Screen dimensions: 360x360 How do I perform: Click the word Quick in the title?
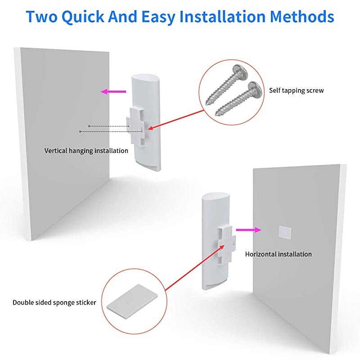83,17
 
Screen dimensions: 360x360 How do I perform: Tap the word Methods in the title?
301,17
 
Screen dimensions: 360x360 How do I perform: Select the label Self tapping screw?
297,90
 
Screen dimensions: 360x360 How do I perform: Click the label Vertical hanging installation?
86,151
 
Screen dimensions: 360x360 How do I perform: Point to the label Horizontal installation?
279,254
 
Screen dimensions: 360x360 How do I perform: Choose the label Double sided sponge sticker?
54,302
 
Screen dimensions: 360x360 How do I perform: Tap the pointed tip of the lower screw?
216,114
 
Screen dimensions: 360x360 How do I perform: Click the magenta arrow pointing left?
113,92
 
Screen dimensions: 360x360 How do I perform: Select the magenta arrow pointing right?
249,230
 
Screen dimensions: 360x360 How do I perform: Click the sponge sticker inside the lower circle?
132,301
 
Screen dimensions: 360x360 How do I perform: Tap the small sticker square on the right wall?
285,232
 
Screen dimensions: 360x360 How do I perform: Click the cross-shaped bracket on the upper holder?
136,127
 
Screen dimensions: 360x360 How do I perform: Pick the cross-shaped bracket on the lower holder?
226,245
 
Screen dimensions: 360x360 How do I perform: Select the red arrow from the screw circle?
176,120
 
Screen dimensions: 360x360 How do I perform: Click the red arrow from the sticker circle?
195,268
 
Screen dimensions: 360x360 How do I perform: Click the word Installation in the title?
222,17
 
